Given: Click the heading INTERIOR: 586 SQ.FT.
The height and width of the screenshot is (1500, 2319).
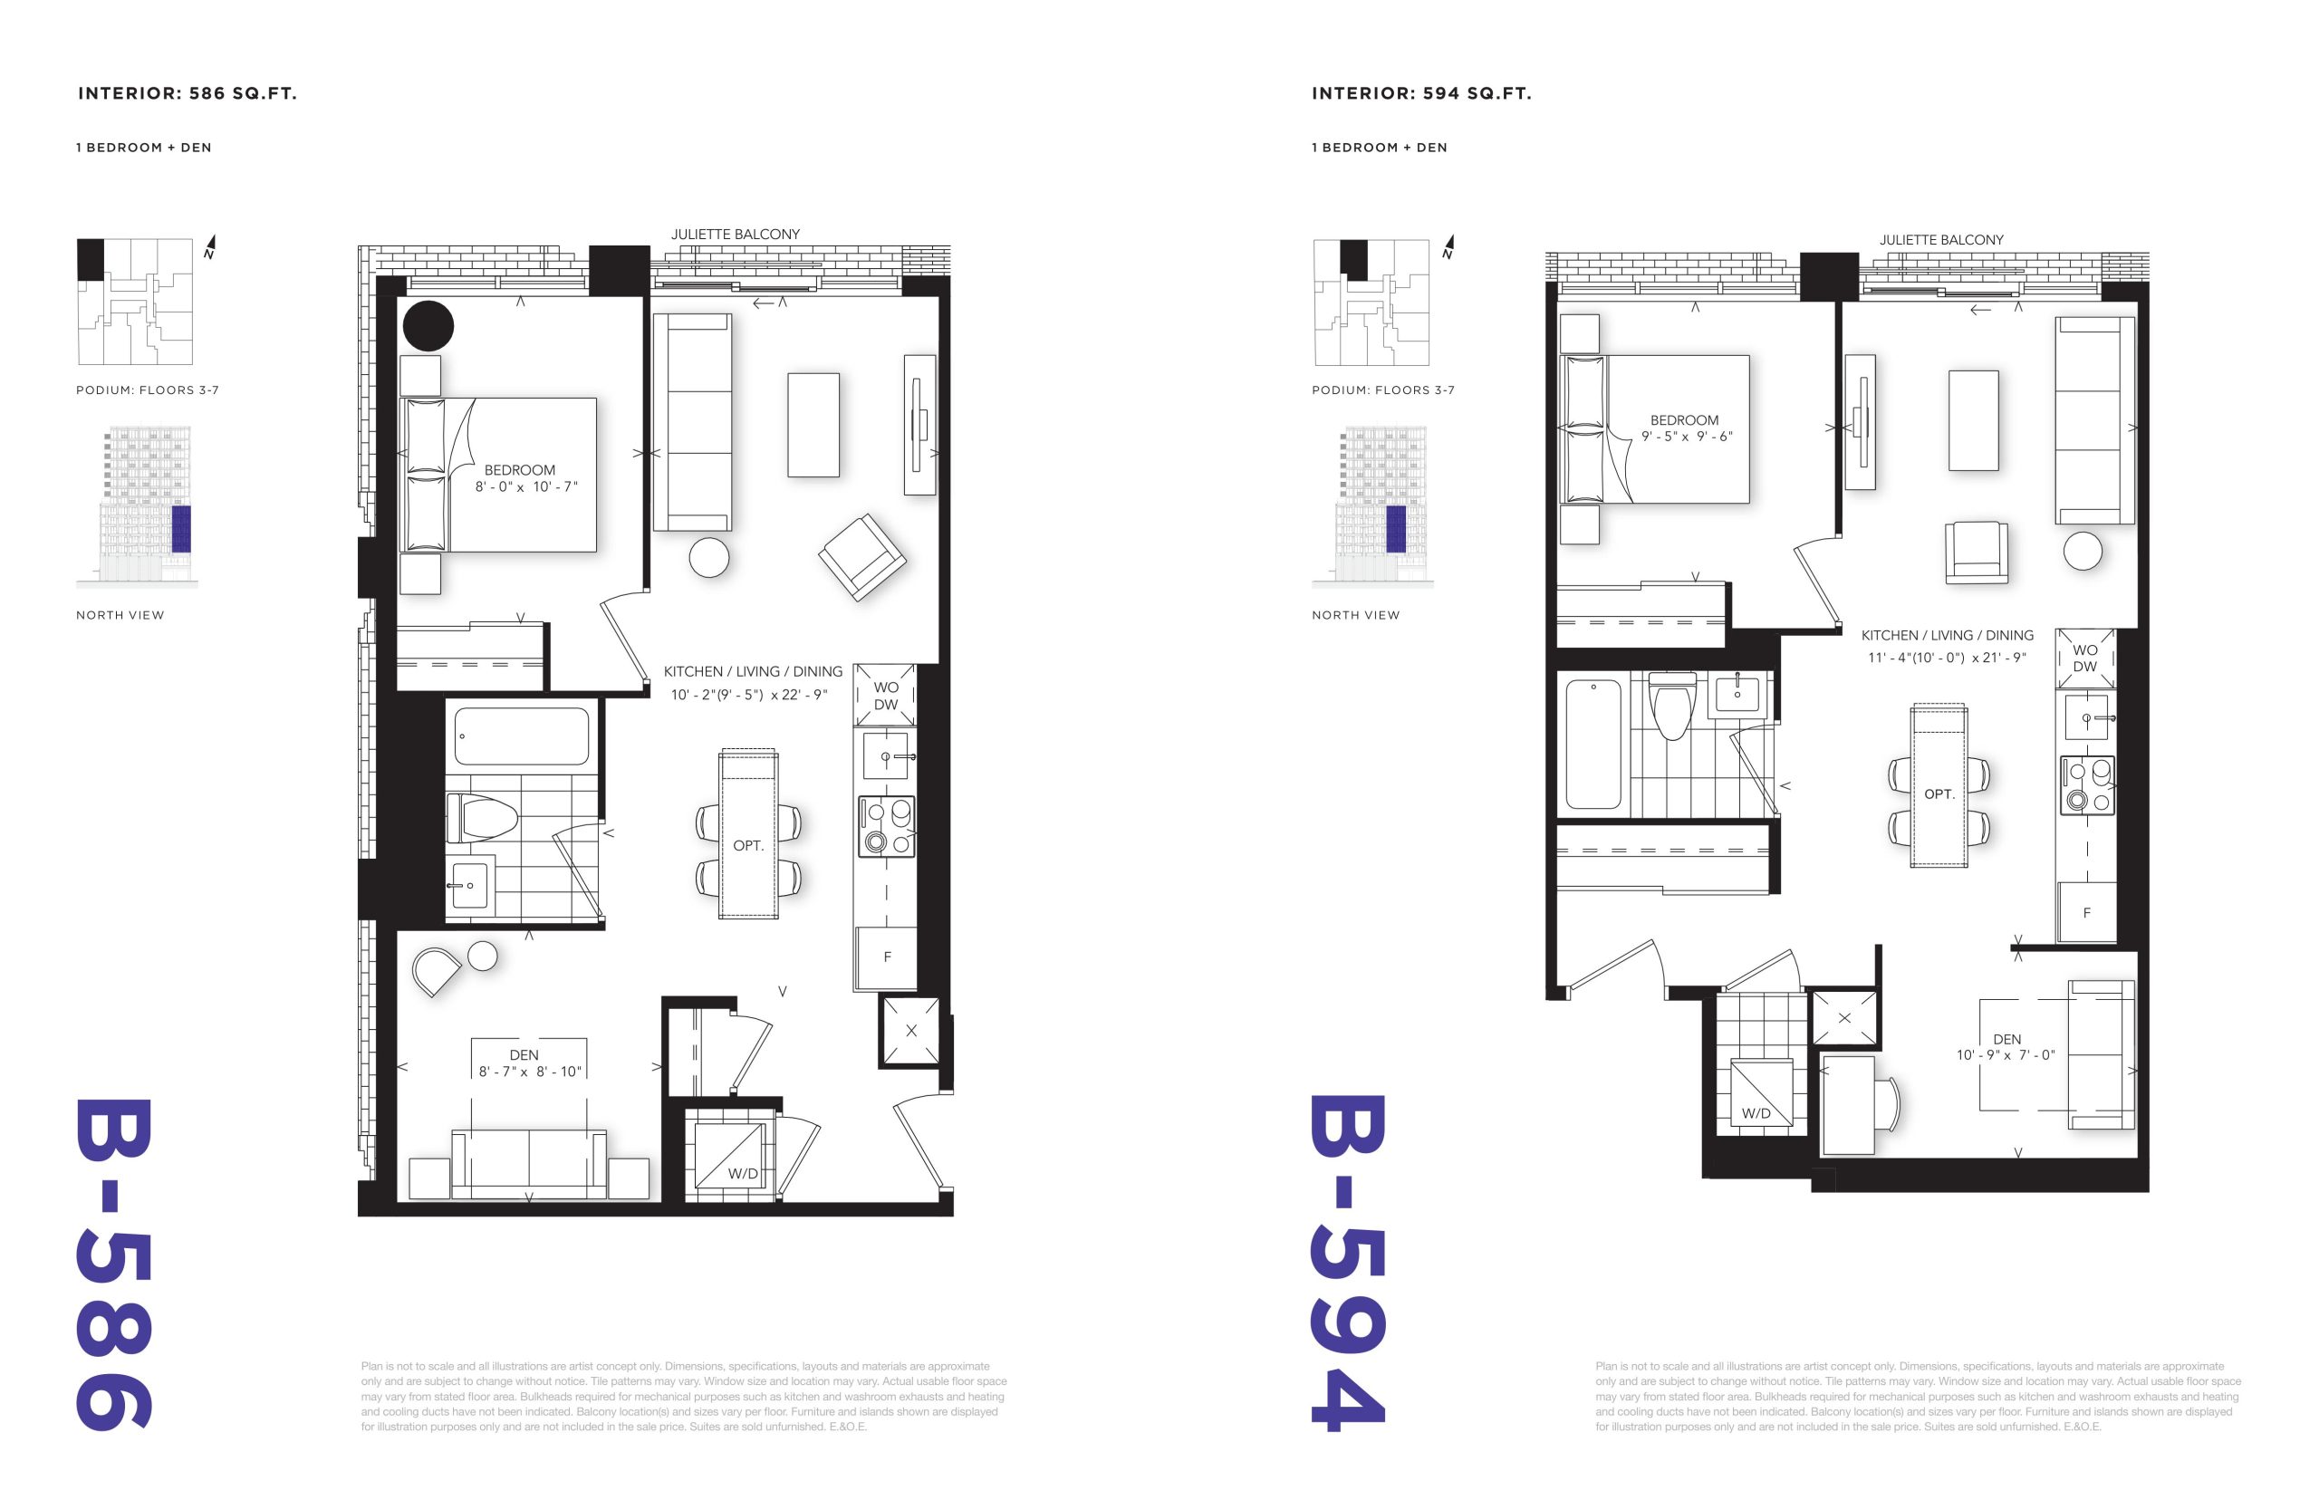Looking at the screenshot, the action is pos(187,93).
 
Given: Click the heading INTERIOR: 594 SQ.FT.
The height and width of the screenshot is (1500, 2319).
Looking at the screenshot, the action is pos(1421,93).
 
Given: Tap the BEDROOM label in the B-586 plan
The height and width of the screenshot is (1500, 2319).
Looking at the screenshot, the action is pos(520,469).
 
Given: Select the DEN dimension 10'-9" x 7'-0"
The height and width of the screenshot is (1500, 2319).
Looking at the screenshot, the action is pos(2006,1055).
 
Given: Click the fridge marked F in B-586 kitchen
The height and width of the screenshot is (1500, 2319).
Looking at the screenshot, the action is pos(885,957).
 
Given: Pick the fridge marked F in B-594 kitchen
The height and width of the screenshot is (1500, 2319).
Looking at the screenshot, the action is pos(2085,912).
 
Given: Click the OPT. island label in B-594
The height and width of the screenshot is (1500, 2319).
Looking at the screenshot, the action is pos(1939,793).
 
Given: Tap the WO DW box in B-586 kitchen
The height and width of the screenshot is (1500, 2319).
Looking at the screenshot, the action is pos(885,696).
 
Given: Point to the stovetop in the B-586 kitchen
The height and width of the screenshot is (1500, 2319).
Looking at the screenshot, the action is pos(885,826).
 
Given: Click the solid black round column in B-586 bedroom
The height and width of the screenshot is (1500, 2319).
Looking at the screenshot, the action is pos(428,325).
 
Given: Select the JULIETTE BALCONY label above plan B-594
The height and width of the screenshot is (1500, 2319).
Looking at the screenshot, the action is pos(1941,240).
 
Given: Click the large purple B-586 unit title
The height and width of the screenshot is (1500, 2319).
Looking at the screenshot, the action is pos(114,1264).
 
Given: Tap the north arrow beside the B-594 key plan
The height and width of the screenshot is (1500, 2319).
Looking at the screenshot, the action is pos(1449,246).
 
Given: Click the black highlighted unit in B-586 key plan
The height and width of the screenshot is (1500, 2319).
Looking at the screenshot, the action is pos(91,259).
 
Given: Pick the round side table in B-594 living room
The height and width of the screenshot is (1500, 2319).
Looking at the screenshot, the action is pos(2083,551).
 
